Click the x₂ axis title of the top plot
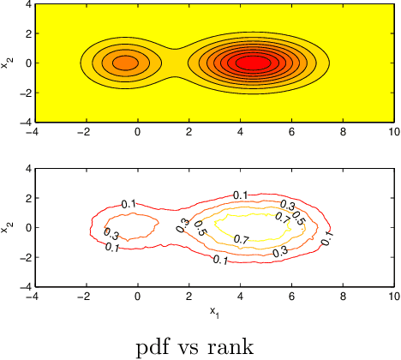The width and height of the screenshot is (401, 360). click(8, 63)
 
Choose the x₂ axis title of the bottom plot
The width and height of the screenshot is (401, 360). click(8, 227)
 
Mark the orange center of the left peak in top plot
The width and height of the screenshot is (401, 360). click(124, 63)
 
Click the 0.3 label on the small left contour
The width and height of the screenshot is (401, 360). click(111, 233)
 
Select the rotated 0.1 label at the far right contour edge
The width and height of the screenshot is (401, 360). click(326, 239)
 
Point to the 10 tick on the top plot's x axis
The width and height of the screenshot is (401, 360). click(393, 133)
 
